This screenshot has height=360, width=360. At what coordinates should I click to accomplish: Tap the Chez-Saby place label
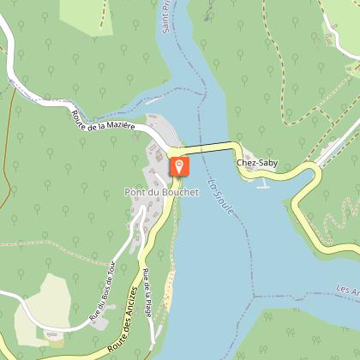(257, 161)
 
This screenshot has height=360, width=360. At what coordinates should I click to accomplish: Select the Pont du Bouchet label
(161, 192)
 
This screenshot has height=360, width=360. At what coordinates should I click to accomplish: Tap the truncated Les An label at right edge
(347, 291)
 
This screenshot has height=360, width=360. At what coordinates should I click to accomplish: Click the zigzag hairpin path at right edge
(343, 214)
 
